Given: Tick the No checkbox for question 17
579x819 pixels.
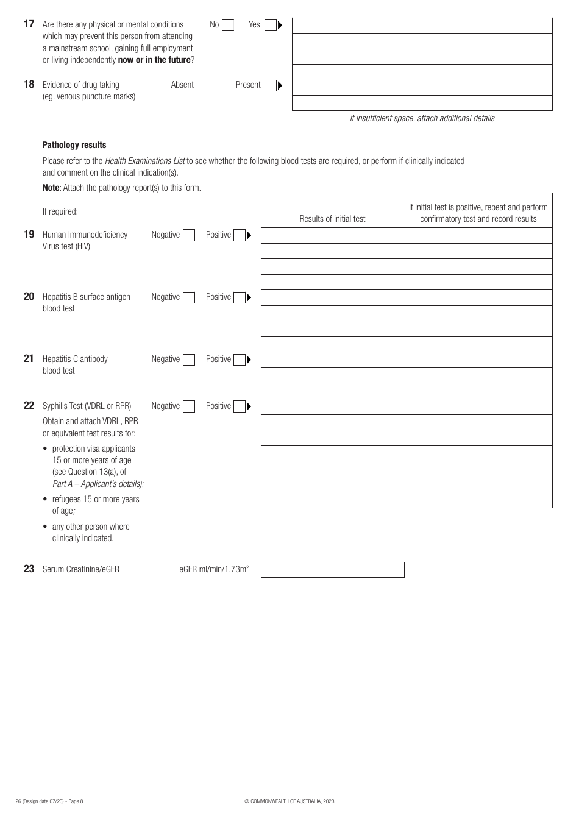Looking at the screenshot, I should pos(228,26).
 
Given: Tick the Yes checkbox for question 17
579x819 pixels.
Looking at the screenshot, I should pos(271,26).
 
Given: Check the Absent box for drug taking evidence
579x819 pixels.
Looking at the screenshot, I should pos(205,86).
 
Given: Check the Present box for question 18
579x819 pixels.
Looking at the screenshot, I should pos(271,86).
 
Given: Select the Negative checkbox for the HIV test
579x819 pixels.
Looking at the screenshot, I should pos(189,235).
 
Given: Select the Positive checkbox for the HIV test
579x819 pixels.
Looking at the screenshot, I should pos(240,235).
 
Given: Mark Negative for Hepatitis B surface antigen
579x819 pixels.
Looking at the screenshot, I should pos(189,297).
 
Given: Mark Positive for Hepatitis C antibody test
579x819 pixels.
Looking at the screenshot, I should pos(240,360).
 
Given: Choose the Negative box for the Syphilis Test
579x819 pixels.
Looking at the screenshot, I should pos(189,406).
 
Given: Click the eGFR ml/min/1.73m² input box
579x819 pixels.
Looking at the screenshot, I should pos(333,570).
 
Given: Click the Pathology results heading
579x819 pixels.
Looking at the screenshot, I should pos(74,145).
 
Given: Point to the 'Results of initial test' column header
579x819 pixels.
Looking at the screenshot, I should pos(332,219).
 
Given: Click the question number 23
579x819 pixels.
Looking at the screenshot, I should pos(29,569).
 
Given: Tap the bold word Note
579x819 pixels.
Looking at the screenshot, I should pos(51,188).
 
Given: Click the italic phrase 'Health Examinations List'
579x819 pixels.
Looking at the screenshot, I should pos(144,161).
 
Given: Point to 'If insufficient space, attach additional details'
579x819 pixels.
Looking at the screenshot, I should pos(422,118).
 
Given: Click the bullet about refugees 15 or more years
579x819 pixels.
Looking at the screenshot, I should pos(95,505).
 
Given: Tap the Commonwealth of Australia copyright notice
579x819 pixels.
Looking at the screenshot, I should pos(289,801).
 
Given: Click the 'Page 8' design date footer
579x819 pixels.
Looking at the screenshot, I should pos(49,801).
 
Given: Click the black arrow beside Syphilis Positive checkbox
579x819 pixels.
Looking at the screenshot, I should pos(249,406).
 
